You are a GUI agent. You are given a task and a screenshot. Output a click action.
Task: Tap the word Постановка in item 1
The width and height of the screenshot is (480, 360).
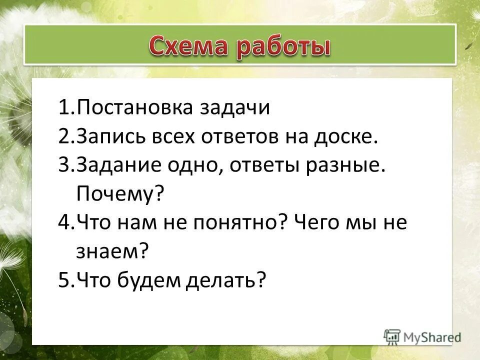pyautogui.click(x=130, y=108)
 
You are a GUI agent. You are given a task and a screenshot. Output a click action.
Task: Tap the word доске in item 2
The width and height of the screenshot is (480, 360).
pyautogui.click(x=346, y=137)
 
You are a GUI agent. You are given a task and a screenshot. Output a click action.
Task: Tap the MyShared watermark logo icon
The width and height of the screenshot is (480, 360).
pyautogui.click(x=392, y=336)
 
